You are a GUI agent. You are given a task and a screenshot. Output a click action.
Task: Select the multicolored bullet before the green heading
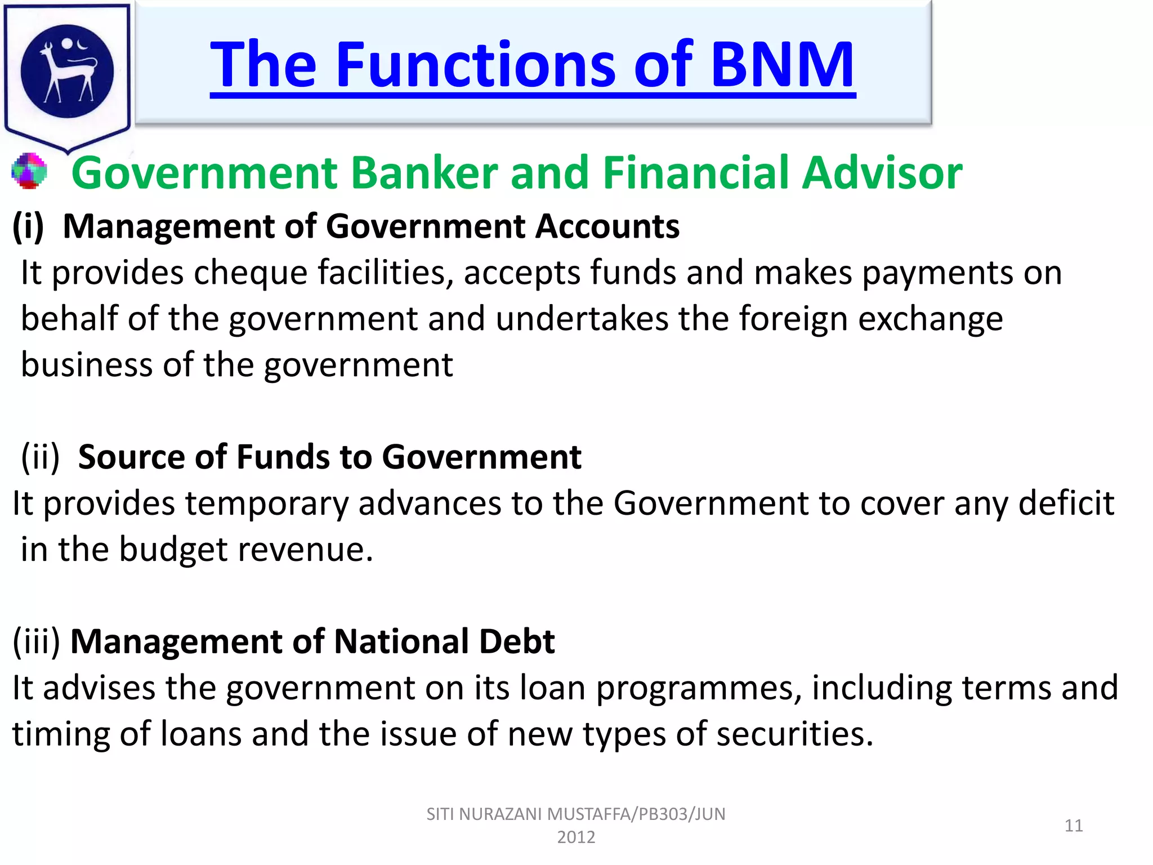pyautogui.click(x=29, y=171)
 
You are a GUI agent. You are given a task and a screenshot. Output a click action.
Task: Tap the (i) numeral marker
pyautogui.click(x=28, y=226)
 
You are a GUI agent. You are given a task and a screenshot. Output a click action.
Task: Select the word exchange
pyautogui.click(x=930, y=319)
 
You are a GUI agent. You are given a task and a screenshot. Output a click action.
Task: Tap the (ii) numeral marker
pyautogui.click(x=40, y=457)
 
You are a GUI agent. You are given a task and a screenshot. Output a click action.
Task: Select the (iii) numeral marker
pyautogui.click(x=36, y=641)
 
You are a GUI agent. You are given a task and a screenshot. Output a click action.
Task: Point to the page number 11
pyautogui.click(x=1074, y=826)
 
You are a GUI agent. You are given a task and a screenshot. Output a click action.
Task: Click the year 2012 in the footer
pyautogui.click(x=576, y=837)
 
